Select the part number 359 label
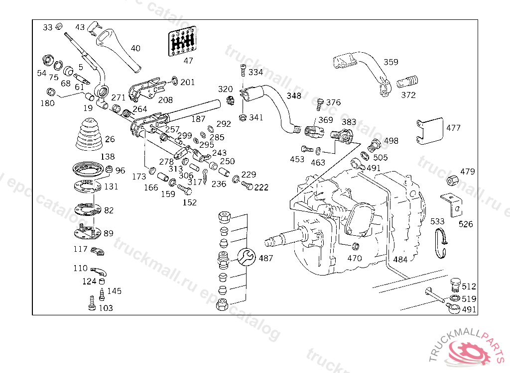(391, 63)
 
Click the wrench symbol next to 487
(248, 258)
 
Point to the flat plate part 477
(429, 130)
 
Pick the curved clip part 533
(441, 243)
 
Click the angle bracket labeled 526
(452, 204)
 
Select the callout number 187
(198, 119)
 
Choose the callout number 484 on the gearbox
(400, 259)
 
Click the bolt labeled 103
(92, 303)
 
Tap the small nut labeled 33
(58, 26)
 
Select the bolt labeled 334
(243, 72)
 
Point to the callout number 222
(261, 187)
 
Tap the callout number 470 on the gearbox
(355, 258)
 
